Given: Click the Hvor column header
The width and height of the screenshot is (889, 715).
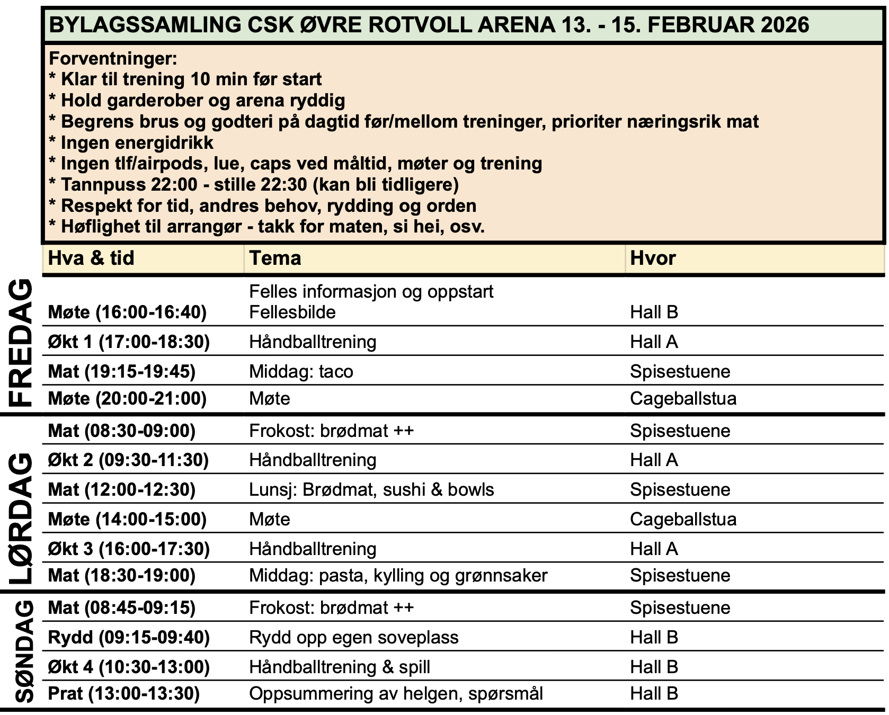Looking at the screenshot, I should pos(653,258).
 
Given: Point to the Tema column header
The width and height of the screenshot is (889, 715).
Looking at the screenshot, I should pos(275,258).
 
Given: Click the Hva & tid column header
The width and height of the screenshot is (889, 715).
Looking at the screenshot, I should pos(91,258).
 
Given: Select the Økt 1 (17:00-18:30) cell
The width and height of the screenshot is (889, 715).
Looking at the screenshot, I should pos(129,342).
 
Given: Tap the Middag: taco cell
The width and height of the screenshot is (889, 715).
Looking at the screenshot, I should pos(301,372).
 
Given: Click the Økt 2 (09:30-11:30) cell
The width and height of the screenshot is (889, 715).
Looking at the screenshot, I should pos(128,460).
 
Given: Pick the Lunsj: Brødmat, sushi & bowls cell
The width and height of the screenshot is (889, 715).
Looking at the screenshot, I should pos(371,490).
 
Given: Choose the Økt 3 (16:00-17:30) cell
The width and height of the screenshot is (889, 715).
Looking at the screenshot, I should pos(129,549).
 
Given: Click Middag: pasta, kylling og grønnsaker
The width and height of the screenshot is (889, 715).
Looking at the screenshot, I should pos(398,576).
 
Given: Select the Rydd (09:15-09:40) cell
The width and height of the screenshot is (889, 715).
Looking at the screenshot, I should pos(129,638).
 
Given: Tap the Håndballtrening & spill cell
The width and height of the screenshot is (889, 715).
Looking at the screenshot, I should pos(339,667).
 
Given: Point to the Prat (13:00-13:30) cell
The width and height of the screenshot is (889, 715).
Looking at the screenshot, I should pos(123,694).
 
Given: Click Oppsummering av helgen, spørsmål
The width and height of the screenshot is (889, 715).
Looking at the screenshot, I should pos(396,694).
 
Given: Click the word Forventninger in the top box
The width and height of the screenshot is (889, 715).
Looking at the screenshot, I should pos(112,59).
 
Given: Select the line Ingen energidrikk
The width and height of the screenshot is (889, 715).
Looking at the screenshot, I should pos(137,143).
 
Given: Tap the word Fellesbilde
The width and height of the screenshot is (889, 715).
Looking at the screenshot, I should pos(292,312).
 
